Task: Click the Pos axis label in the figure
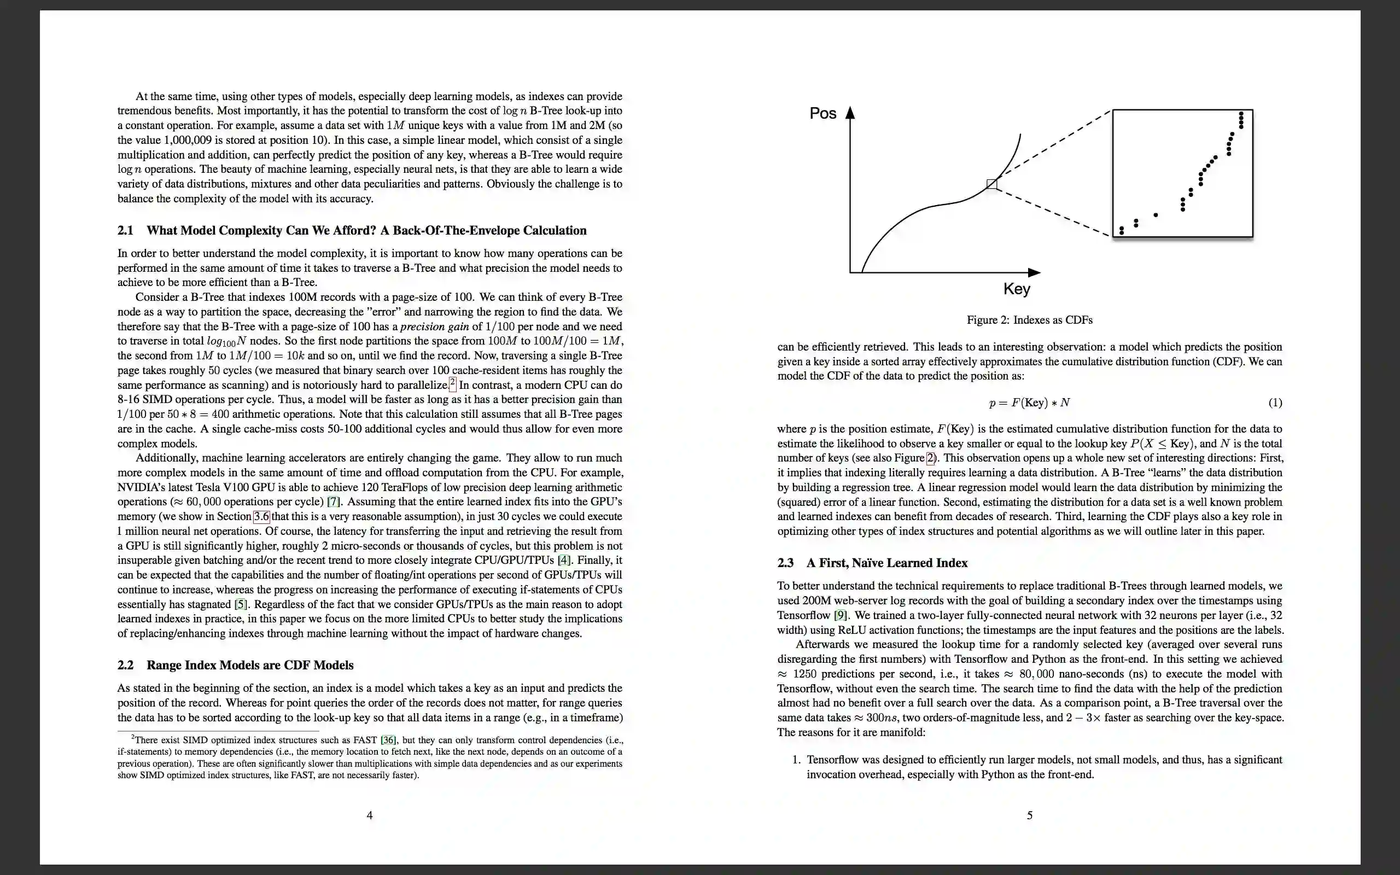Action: point(822,113)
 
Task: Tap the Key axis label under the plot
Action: point(1017,289)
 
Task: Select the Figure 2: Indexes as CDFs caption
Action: point(1029,320)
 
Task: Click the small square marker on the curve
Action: point(991,184)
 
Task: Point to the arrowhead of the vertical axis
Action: point(850,112)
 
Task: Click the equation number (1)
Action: point(1275,403)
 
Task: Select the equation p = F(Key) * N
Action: point(1029,403)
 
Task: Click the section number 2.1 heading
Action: point(126,230)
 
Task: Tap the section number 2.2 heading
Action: point(126,665)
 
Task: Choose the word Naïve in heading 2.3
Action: point(872,563)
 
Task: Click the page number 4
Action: point(370,815)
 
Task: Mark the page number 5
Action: point(1030,815)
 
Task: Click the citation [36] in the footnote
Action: point(388,740)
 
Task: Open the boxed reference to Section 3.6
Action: point(261,516)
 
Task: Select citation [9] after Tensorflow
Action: point(841,615)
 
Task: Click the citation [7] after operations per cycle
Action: point(334,501)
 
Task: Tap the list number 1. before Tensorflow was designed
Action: point(797,760)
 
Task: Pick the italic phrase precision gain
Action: point(434,326)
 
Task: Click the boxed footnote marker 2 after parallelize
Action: point(452,384)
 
